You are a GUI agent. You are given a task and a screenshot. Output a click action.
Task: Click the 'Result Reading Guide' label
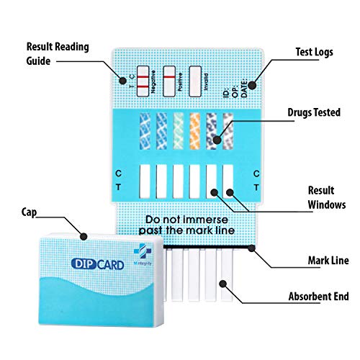[x=58, y=54]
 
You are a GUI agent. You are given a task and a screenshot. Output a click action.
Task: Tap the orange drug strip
[x=194, y=130]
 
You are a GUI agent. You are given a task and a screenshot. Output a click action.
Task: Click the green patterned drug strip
[x=178, y=130]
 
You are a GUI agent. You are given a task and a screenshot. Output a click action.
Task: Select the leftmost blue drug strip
[x=145, y=130]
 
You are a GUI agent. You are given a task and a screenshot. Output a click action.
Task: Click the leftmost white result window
[x=145, y=181]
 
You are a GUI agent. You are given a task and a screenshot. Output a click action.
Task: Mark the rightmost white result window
[x=228, y=181]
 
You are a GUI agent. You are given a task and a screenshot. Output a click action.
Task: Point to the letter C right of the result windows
[x=256, y=174]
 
